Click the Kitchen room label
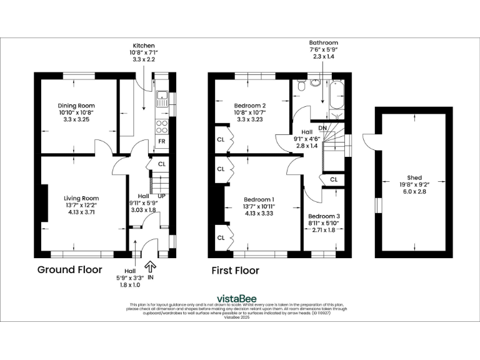coord(144,46)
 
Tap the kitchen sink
coord(161,97)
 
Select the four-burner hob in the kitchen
coord(161,126)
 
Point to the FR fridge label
coord(161,142)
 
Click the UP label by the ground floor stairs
coord(162,196)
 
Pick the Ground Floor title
coord(69,271)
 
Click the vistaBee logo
coord(239,298)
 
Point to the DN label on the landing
coord(322,128)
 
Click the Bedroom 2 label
coord(250,105)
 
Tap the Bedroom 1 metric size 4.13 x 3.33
coord(259,213)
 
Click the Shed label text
coord(413,177)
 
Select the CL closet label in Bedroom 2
coord(221,139)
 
